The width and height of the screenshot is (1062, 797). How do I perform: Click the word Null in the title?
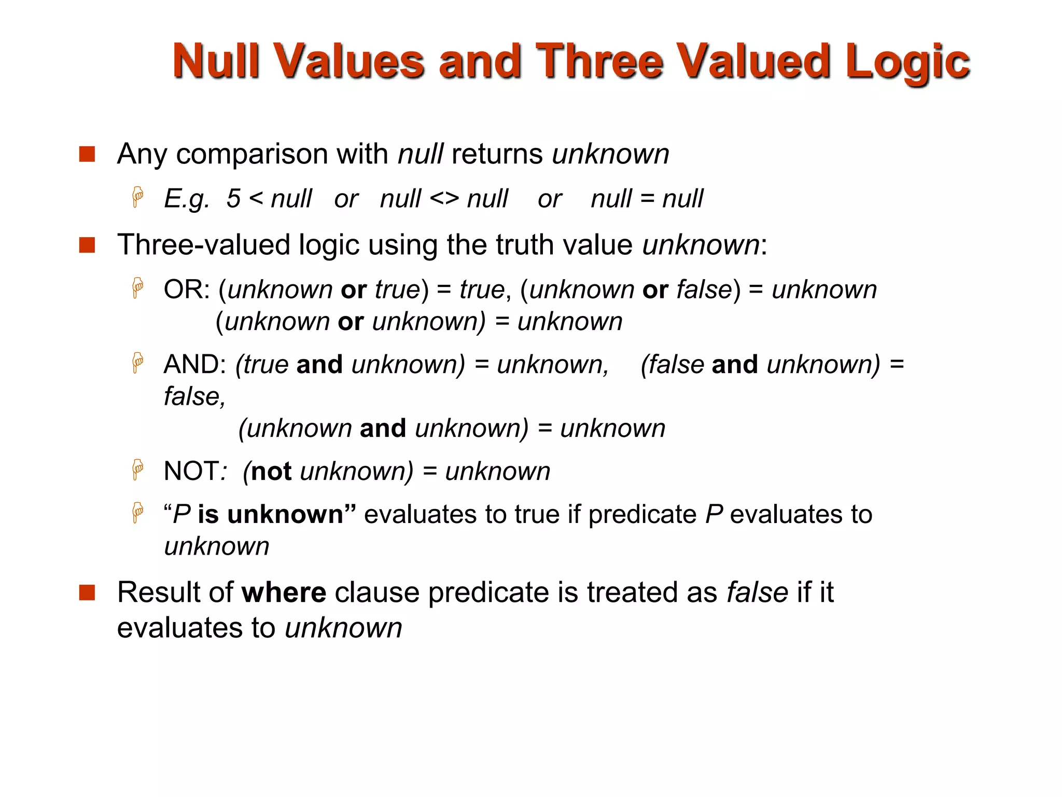(216, 61)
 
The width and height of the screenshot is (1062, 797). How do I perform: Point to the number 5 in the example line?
(233, 199)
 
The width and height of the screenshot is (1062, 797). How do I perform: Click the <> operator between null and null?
(444, 199)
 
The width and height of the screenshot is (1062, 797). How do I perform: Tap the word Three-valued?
(203, 244)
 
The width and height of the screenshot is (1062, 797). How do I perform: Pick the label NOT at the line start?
(190, 471)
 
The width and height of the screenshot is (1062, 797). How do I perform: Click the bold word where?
(284, 592)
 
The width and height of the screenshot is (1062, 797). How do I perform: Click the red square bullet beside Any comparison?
(87, 154)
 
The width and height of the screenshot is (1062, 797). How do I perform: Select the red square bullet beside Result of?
(87, 592)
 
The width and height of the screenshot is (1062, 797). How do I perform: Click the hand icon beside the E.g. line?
(137, 197)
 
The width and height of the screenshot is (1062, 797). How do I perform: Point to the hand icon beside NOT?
(137, 470)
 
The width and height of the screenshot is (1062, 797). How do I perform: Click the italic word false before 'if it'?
(757, 592)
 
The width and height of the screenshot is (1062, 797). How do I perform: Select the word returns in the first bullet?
(497, 154)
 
